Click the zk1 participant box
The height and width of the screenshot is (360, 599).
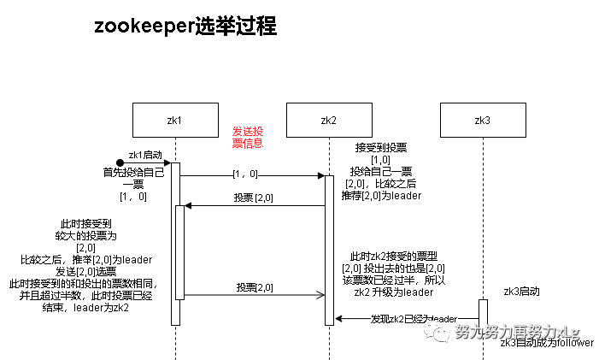175,121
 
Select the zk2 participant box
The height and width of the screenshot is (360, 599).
329,121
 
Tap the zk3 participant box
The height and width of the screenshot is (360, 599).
483,121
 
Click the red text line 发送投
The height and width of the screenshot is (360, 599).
248,132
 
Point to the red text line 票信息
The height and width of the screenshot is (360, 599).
248,144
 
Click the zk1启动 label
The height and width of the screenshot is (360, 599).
145,156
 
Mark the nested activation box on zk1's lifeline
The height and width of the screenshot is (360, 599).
179,252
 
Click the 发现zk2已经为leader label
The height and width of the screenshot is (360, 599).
414,319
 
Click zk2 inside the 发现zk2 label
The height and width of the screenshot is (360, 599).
396,319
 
